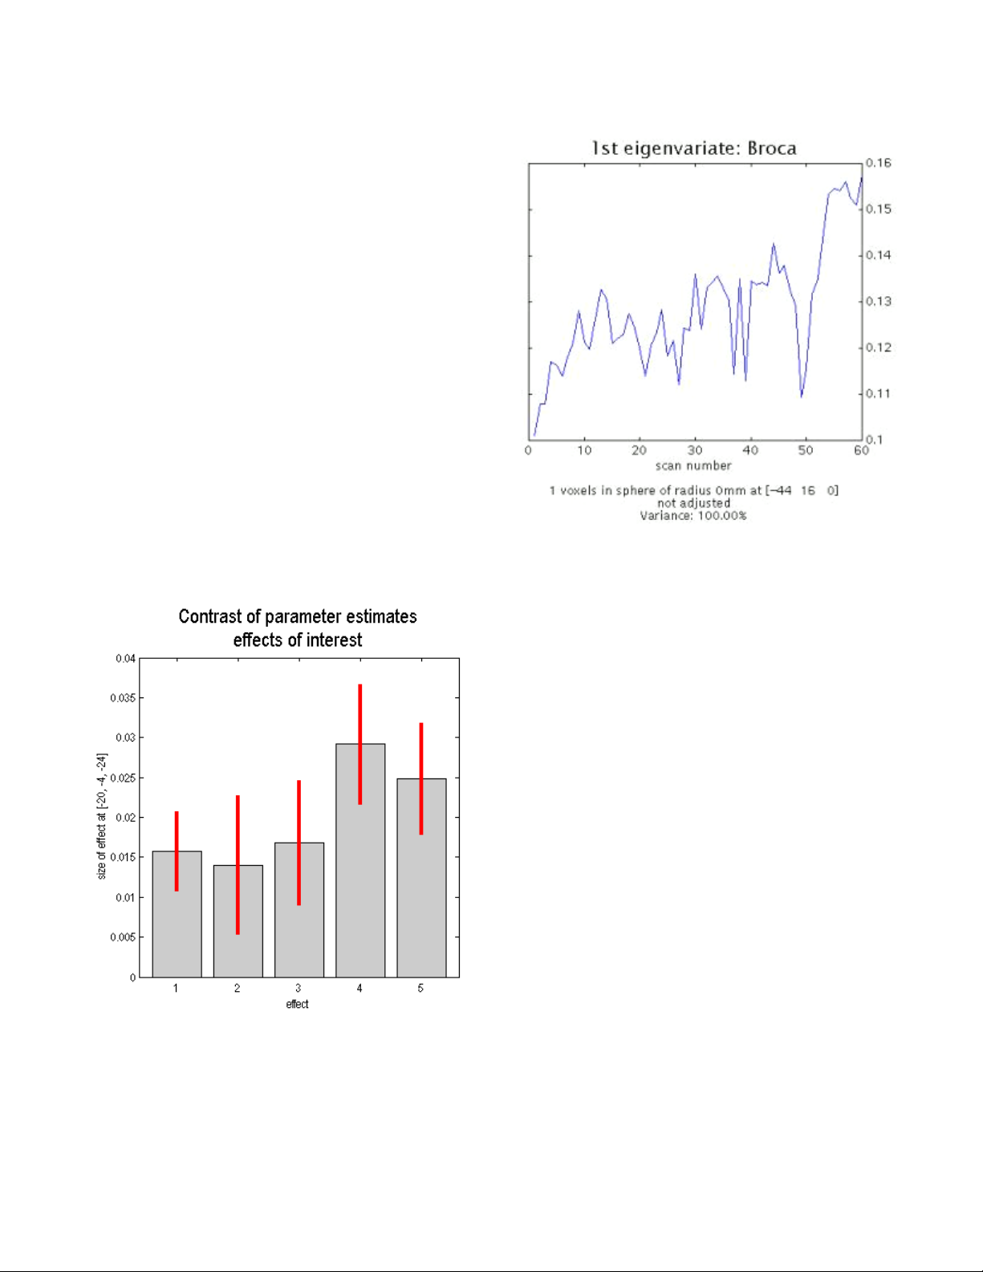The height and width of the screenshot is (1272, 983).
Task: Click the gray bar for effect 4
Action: [x=359, y=860]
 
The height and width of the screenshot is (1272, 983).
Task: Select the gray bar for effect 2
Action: [x=238, y=921]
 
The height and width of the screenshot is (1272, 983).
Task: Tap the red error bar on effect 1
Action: [x=177, y=851]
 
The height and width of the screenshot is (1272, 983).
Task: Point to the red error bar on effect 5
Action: [x=421, y=778]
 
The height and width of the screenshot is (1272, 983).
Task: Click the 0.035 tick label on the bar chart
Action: [x=123, y=698]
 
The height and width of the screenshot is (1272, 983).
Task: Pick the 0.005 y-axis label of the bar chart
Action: [x=123, y=938]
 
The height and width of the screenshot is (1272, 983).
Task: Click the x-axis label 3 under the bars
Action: [x=299, y=989]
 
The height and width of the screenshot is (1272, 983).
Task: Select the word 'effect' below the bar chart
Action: [x=297, y=1005]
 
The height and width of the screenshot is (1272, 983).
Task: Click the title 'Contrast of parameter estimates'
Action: [x=298, y=616]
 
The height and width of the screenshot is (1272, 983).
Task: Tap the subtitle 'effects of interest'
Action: [x=298, y=640]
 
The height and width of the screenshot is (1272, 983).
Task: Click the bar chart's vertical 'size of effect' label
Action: [x=102, y=817]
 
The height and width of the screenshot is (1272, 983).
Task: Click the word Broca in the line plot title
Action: [x=772, y=148]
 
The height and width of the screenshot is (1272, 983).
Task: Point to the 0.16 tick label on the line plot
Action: [x=878, y=163]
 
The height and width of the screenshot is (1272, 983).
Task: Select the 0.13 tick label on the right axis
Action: [x=878, y=302]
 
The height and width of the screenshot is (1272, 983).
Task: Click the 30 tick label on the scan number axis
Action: [x=695, y=451]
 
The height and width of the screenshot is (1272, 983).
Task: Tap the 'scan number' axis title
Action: [x=693, y=466]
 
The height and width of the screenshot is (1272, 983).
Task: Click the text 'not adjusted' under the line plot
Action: [x=694, y=503]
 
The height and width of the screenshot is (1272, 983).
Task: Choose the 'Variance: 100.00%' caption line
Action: [x=693, y=516]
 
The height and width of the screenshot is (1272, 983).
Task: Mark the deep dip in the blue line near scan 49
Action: [x=802, y=396]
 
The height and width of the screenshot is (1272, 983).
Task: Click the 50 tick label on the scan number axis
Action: [x=806, y=451]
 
